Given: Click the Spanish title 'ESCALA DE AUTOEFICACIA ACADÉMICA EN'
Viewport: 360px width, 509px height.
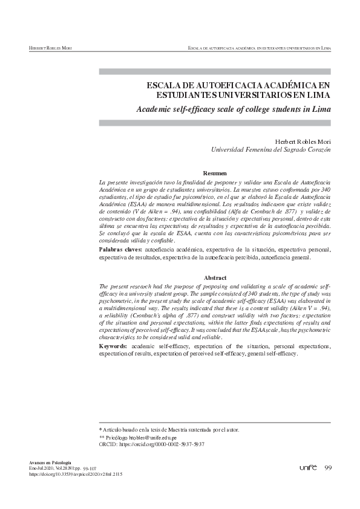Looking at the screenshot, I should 239,85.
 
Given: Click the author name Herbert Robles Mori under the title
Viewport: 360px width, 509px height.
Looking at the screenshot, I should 301,141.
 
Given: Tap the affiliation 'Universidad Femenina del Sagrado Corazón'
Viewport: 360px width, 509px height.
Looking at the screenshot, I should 270,149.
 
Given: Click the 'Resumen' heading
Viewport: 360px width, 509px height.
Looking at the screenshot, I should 215,173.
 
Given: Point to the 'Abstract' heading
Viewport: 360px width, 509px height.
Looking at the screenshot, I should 215,277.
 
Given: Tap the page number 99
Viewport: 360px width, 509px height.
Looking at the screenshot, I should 328,468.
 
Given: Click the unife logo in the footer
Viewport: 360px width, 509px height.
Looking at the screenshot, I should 308,468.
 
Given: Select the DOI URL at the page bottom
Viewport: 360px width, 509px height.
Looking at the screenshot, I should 76,475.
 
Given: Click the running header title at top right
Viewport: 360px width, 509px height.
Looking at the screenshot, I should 259,47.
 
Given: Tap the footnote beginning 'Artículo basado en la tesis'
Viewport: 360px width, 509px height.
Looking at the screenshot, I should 171,430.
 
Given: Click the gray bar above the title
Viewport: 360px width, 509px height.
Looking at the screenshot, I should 215,71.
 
